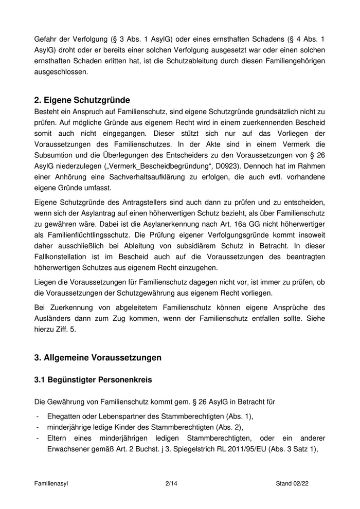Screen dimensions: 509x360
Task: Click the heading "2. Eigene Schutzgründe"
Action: (x=82, y=100)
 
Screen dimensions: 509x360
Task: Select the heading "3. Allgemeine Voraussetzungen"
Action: (x=98, y=357)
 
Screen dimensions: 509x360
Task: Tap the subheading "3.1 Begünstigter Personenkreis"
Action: (x=93, y=380)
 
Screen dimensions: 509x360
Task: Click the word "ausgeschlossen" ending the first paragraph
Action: (x=61, y=72)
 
